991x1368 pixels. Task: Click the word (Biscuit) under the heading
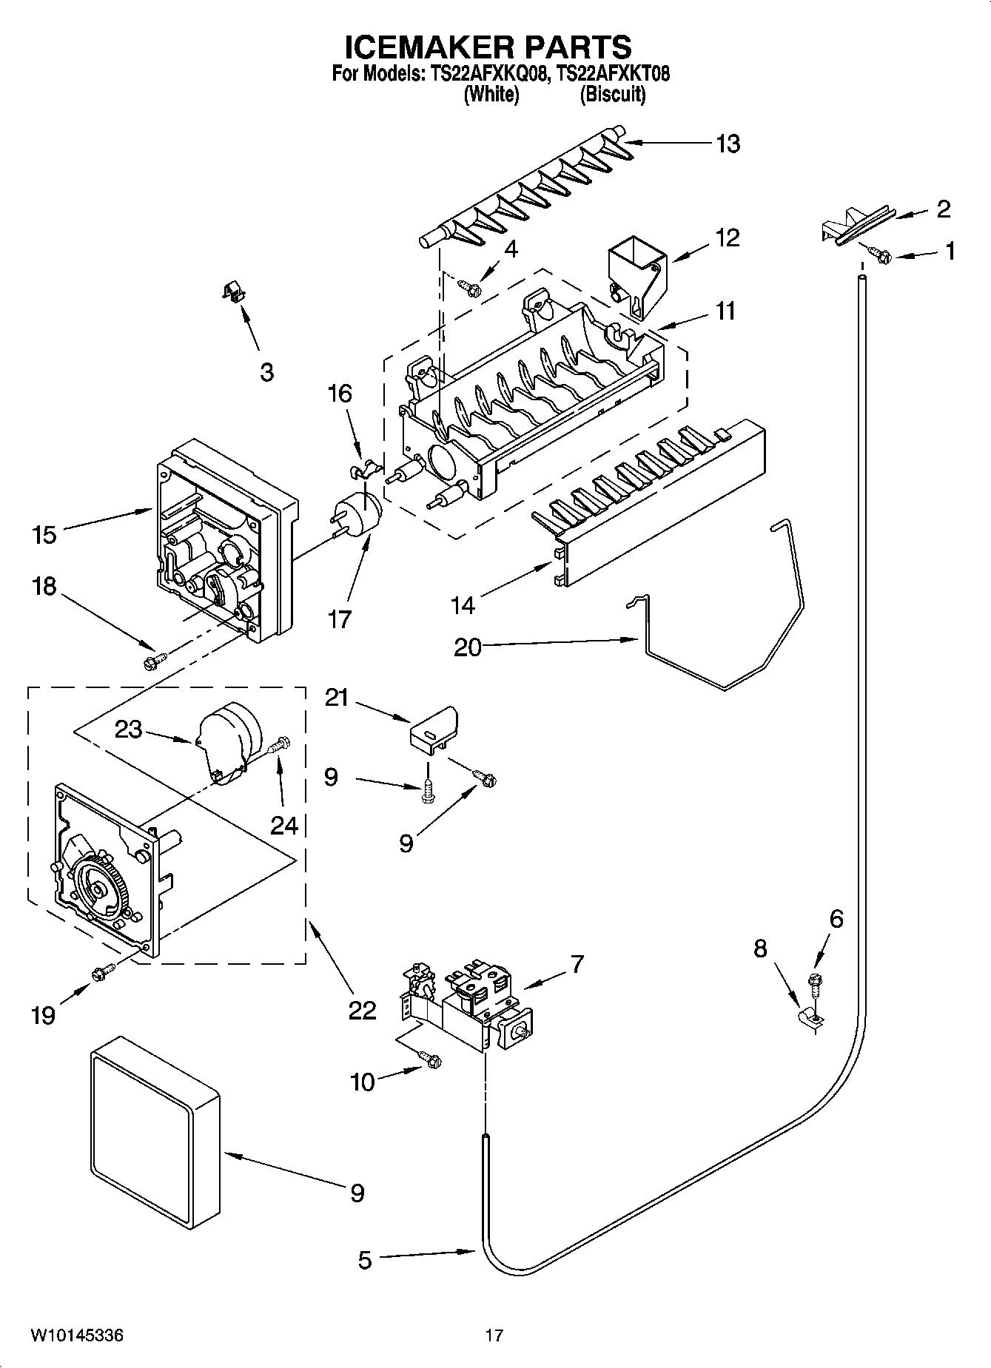click(x=612, y=95)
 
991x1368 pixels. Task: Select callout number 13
click(x=728, y=144)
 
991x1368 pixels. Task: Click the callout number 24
click(x=283, y=825)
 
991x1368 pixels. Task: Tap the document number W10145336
click(x=77, y=1335)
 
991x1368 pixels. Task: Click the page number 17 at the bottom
click(x=494, y=1335)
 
